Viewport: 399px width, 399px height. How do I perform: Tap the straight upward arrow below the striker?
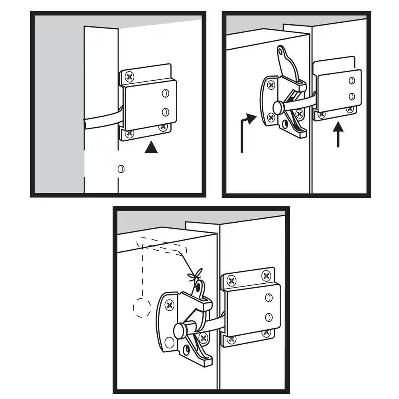tap(338, 136)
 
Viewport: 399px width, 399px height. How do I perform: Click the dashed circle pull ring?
tap(141, 308)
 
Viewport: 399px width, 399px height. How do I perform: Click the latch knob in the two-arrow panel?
tap(278, 106)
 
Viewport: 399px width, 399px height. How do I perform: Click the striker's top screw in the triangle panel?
tap(129, 76)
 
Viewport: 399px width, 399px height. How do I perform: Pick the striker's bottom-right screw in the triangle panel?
tap(162, 127)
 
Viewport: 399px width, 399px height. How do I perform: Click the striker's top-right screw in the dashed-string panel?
tap(266, 276)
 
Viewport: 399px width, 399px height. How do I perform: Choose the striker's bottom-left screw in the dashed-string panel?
tap(231, 339)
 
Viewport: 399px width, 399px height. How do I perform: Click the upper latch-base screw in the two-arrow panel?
tap(271, 85)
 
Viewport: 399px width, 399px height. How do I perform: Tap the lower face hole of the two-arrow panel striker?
tap(352, 96)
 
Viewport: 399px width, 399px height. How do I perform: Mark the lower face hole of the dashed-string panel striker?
tap(269, 317)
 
